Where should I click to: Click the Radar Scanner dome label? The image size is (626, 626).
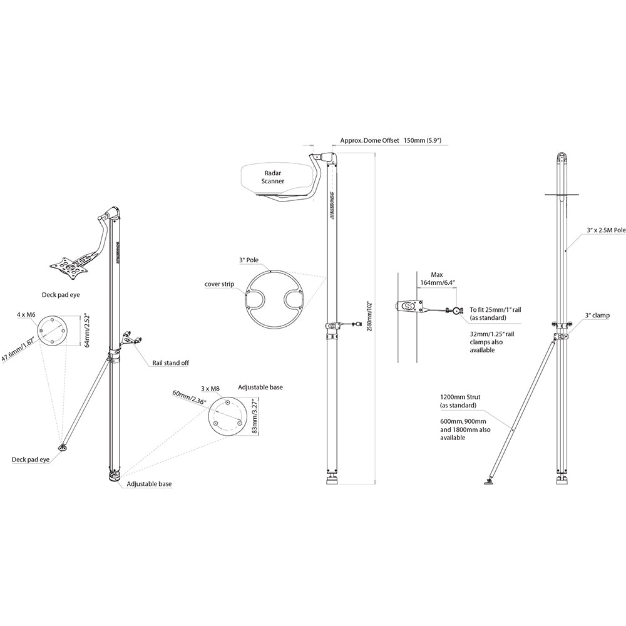[274, 176]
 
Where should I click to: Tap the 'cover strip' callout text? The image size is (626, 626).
[219, 284]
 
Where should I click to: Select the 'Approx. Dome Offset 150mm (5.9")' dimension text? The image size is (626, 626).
[391, 141]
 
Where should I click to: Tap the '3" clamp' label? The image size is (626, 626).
[597, 316]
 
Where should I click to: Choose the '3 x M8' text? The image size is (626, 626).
[210, 389]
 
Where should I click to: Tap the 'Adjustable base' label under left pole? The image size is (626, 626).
[149, 484]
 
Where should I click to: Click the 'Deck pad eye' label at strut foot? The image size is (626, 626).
[29, 459]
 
